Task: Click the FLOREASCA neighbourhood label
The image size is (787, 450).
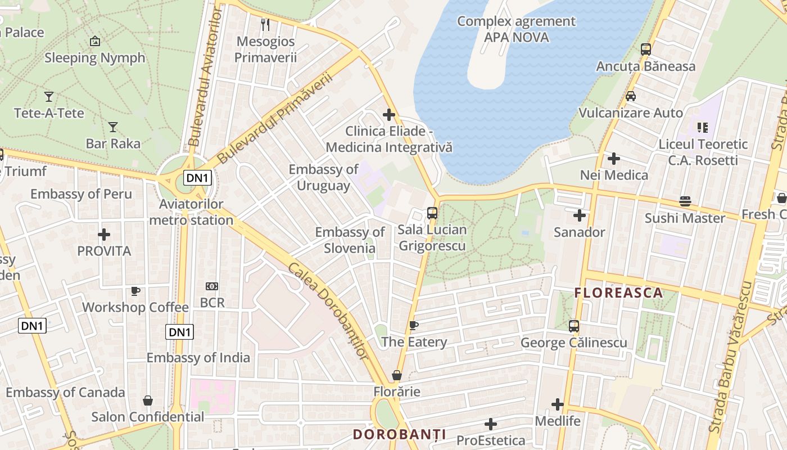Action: point(618,293)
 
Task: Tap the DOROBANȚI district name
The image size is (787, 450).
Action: point(400,434)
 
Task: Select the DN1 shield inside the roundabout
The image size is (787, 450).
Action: point(197,178)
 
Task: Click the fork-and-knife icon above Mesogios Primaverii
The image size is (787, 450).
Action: point(266,24)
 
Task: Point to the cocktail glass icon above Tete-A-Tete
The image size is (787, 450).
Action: point(49,97)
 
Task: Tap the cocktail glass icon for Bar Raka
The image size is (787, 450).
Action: point(113,127)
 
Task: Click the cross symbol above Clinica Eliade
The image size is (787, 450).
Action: point(389,115)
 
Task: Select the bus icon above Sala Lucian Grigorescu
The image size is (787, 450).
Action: point(432,213)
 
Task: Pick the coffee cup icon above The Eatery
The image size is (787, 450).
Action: point(414,326)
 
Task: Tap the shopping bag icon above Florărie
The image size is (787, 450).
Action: point(397,375)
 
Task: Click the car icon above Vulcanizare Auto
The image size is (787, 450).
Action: point(631,96)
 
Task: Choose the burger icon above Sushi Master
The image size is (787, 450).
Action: point(685,201)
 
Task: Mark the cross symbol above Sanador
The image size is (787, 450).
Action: point(580,215)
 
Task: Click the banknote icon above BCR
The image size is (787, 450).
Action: point(212,286)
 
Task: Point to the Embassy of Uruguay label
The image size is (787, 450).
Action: point(323,177)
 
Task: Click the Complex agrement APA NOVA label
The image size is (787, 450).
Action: point(516,29)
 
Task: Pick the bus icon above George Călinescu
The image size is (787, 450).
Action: point(573,326)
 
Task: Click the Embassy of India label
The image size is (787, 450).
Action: point(198,358)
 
